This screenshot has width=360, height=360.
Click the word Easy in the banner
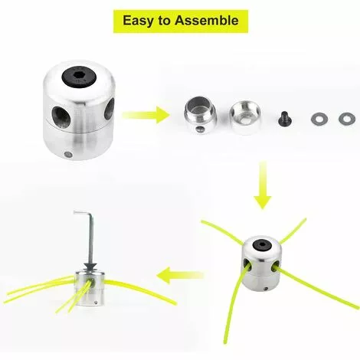[139, 21]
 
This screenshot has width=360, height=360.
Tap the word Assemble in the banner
[207, 20]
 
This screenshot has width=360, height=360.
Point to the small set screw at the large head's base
[68, 154]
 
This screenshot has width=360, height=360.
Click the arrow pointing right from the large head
[146, 115]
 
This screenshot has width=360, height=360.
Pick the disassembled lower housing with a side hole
[201, 115]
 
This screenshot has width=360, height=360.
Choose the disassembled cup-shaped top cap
[245, 117]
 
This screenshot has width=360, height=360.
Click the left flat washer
[319, 119]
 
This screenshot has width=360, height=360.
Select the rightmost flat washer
[347, 119]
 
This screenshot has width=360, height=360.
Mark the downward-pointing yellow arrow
[263, 185]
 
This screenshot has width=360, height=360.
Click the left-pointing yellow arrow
[180, 275]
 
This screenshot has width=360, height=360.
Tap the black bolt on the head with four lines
[262, 246]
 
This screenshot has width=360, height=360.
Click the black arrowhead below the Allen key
[91, 267]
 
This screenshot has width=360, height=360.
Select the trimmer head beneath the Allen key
[90, 289]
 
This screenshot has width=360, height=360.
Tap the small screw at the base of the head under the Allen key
[97, 303]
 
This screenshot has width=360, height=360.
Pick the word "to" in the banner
[164, 21]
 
